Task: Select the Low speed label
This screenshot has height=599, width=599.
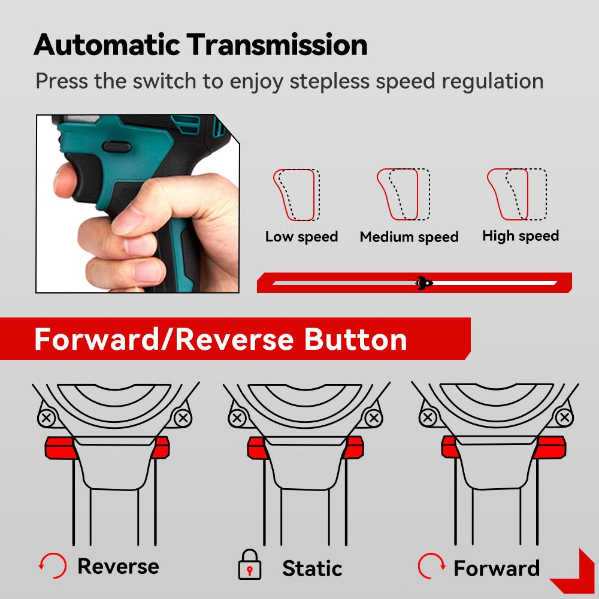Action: click(301, 237)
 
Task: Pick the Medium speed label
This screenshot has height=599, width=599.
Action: click(409, 237)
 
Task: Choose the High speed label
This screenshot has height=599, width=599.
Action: click(520, 235)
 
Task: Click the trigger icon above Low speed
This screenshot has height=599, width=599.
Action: click(297, 195)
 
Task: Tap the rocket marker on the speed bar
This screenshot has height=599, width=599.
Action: click(424, 283)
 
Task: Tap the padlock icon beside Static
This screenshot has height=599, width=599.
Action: click(250, 565)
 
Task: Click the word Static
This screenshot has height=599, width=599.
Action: click(312, 567)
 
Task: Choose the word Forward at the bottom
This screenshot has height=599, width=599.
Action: click(497, 567)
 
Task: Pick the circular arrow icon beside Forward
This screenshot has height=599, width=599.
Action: click(431, 565)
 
